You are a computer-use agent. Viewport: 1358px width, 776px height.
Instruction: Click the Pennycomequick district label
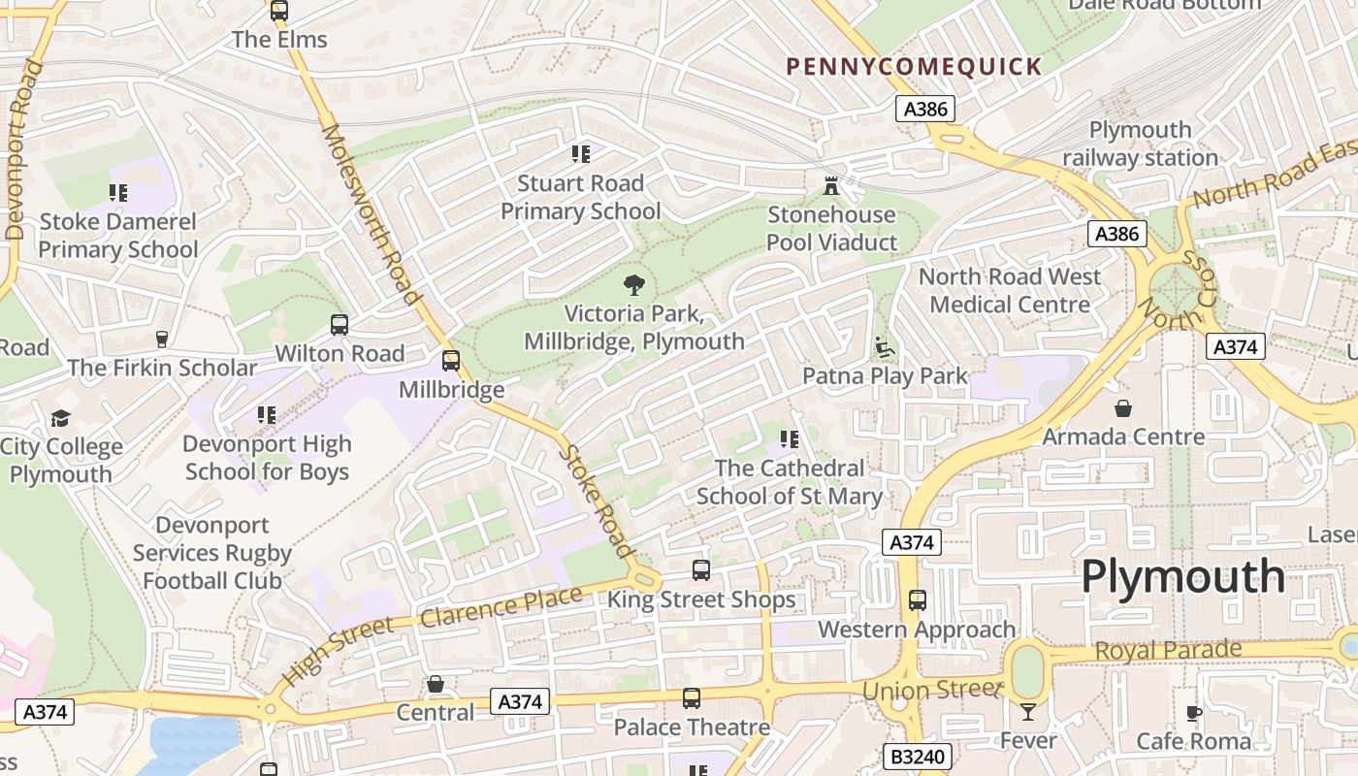tap(914, 67)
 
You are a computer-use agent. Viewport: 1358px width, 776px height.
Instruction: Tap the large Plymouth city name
tap(1182, 577)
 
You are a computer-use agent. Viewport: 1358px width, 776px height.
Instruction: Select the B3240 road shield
tap(918, 757)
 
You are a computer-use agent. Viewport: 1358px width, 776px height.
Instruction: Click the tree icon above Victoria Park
tap(634, 285)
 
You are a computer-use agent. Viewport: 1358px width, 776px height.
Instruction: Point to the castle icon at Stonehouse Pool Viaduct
tap(831, 185)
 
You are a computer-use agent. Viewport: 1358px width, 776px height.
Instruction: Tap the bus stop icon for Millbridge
tap(451, 361)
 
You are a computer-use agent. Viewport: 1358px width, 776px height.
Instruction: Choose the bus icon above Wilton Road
tap(339, 325)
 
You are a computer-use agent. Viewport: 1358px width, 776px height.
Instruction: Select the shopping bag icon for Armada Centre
tap(1123, 408)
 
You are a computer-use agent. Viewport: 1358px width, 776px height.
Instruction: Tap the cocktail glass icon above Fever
tap(1028, 713)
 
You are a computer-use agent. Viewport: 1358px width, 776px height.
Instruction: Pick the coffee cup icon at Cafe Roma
tap(1194, 714)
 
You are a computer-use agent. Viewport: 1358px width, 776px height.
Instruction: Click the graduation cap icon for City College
tap(61, 418)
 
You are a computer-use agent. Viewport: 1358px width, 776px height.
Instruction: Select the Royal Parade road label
tap(1168, 650)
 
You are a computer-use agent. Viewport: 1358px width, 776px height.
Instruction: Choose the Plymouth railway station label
tap(1140, 144)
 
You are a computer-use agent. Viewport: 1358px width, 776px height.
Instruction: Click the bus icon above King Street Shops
tap(701, 570)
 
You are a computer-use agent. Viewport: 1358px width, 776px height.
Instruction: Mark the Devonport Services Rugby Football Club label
tap(212, 553)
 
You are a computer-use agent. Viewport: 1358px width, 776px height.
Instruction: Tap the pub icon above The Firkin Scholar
tap(162, 339)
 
